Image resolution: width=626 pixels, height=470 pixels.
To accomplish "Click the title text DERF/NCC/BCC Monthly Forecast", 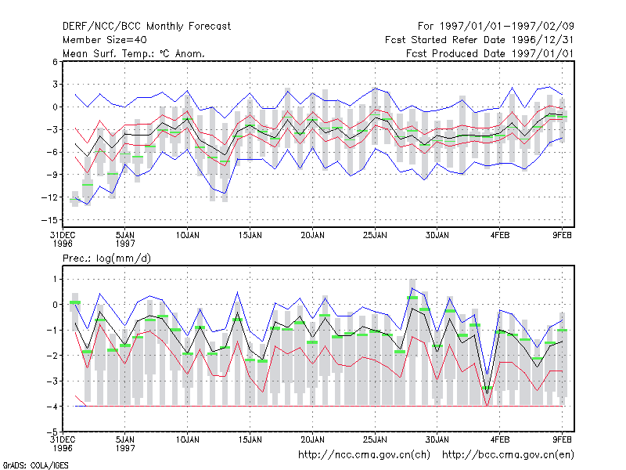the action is pyautogui.click(x=146, y=27).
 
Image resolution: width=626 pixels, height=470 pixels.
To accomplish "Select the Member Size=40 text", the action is pyautogui.click(x=105, y=40).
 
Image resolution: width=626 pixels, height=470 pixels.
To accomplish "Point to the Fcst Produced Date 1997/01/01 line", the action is pyautogui.click(x=490, y=53).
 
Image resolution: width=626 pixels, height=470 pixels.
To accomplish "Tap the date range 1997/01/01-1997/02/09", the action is pyautogui.click(x=496, y=27).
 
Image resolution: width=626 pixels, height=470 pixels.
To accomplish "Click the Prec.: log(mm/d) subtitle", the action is pyautogui.click(x=106, y=258).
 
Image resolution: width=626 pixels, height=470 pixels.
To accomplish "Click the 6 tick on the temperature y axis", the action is pyautogui.click(x=55, y=62).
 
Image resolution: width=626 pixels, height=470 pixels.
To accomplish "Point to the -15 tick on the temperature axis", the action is pyautogui.click(x=49, y=220).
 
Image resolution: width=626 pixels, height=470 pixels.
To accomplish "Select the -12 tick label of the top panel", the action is pyautogui.click(x=49, y=197).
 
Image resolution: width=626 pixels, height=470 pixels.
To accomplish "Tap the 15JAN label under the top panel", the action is pyautogui.click(x=250, y=236).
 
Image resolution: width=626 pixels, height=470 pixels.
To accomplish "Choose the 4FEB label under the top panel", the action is pyautogui.click(x=500, y=236).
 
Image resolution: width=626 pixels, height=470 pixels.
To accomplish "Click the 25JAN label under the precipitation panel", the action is pyautogui.click(x=375, y=440).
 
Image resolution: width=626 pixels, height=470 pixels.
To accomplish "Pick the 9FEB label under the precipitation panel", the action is pyautogui.click(x=562, y=440).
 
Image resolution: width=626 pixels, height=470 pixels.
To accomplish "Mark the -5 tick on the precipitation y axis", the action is pyautogui.click(x=52, y=432).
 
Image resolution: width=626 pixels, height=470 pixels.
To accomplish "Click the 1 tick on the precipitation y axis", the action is pyautogui.click(x=55, y=280).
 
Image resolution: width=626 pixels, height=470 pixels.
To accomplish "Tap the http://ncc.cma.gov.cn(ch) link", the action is pyautogui.click(x=365, y=455).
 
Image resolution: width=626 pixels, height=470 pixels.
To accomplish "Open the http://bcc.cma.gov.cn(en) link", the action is pyautogui.click(x=508, y=455).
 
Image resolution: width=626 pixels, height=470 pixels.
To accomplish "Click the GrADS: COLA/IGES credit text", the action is pyautogui.click(x=35, y=465).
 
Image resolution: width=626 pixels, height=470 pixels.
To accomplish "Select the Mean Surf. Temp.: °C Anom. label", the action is pyautogui.click(x=134, y=53).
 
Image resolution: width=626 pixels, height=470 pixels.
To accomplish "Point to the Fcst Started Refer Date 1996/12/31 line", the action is pyautogui.click(x=480, y=40).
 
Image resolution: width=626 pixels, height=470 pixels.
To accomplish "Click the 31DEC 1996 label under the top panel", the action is pyautogui.click(x=63, y=240).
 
